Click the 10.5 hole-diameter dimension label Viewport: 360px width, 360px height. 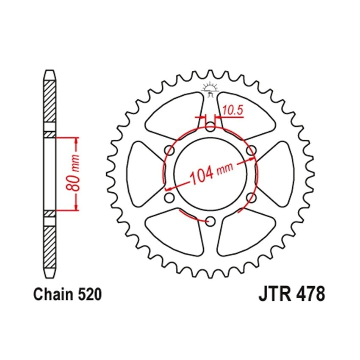click(233, 111)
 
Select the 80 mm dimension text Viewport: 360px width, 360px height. click(73, 173)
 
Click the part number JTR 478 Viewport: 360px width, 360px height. click(291, 294)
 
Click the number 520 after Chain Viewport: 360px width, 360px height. click(90, 294)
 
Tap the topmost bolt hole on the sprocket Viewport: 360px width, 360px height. click(210, 127)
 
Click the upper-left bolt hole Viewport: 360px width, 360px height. click(169, 151)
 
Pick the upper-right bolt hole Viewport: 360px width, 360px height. click(251, 151)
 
